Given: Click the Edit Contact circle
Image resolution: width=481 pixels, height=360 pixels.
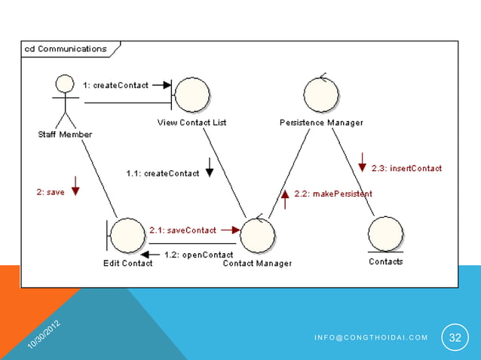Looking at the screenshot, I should (128, 236).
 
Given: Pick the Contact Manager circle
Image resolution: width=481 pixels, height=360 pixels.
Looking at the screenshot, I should (258, 236).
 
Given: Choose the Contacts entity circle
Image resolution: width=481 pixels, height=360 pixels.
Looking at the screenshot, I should (385, 234).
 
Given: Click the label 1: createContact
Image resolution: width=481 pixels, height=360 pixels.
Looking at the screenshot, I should (115, 85).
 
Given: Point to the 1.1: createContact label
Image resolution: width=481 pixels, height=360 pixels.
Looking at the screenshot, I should (162, 173).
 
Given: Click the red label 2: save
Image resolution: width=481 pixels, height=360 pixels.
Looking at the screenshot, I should (50, 192).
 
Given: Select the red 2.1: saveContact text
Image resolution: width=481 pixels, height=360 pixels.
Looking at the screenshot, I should (183, 230).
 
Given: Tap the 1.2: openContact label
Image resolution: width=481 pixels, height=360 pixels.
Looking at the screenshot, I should (198, 255).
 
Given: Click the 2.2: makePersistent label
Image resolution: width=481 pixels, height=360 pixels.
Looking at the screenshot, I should (332, 194).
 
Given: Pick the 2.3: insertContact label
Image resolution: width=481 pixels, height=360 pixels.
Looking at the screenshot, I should (406, 168).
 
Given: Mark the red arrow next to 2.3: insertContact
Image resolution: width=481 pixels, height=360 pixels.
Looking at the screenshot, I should (363, 162).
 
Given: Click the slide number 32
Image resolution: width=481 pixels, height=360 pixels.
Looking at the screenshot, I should (455, 337).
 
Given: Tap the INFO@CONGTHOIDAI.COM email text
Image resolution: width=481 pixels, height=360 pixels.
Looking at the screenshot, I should (370, 337).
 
